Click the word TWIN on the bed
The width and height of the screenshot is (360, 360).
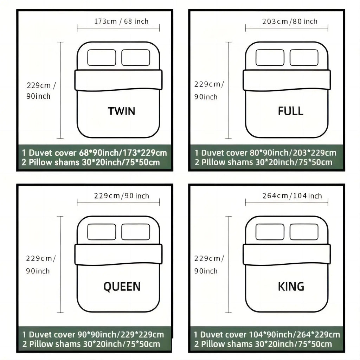[121, 111]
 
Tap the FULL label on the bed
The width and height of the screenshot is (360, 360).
[290, 111]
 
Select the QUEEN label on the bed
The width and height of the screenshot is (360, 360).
[122, 287]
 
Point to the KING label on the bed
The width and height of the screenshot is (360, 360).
[291, 287]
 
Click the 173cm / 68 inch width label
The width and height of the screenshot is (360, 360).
[121, 21]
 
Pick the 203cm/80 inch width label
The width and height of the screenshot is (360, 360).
[290, 21]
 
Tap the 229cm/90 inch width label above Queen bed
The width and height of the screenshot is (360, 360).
[121, 196]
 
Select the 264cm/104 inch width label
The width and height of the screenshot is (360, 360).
[292, 196]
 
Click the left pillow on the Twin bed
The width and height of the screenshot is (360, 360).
[102, 58]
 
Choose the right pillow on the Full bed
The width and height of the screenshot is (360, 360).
[304, 58]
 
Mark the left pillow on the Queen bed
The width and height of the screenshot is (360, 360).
[102, 232]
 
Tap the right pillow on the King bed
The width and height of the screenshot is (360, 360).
[304, 232]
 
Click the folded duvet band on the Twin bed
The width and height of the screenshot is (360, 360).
[118, 80]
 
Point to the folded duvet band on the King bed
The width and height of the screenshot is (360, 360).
[287, 255]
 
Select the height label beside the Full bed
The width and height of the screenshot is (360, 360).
[209, 90]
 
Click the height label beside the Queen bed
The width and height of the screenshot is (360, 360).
[41, 265]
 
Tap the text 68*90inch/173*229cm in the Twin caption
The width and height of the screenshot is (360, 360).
[123, 153]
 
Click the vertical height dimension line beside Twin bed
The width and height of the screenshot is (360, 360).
[60, 90]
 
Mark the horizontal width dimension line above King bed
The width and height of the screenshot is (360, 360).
[287, 202]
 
